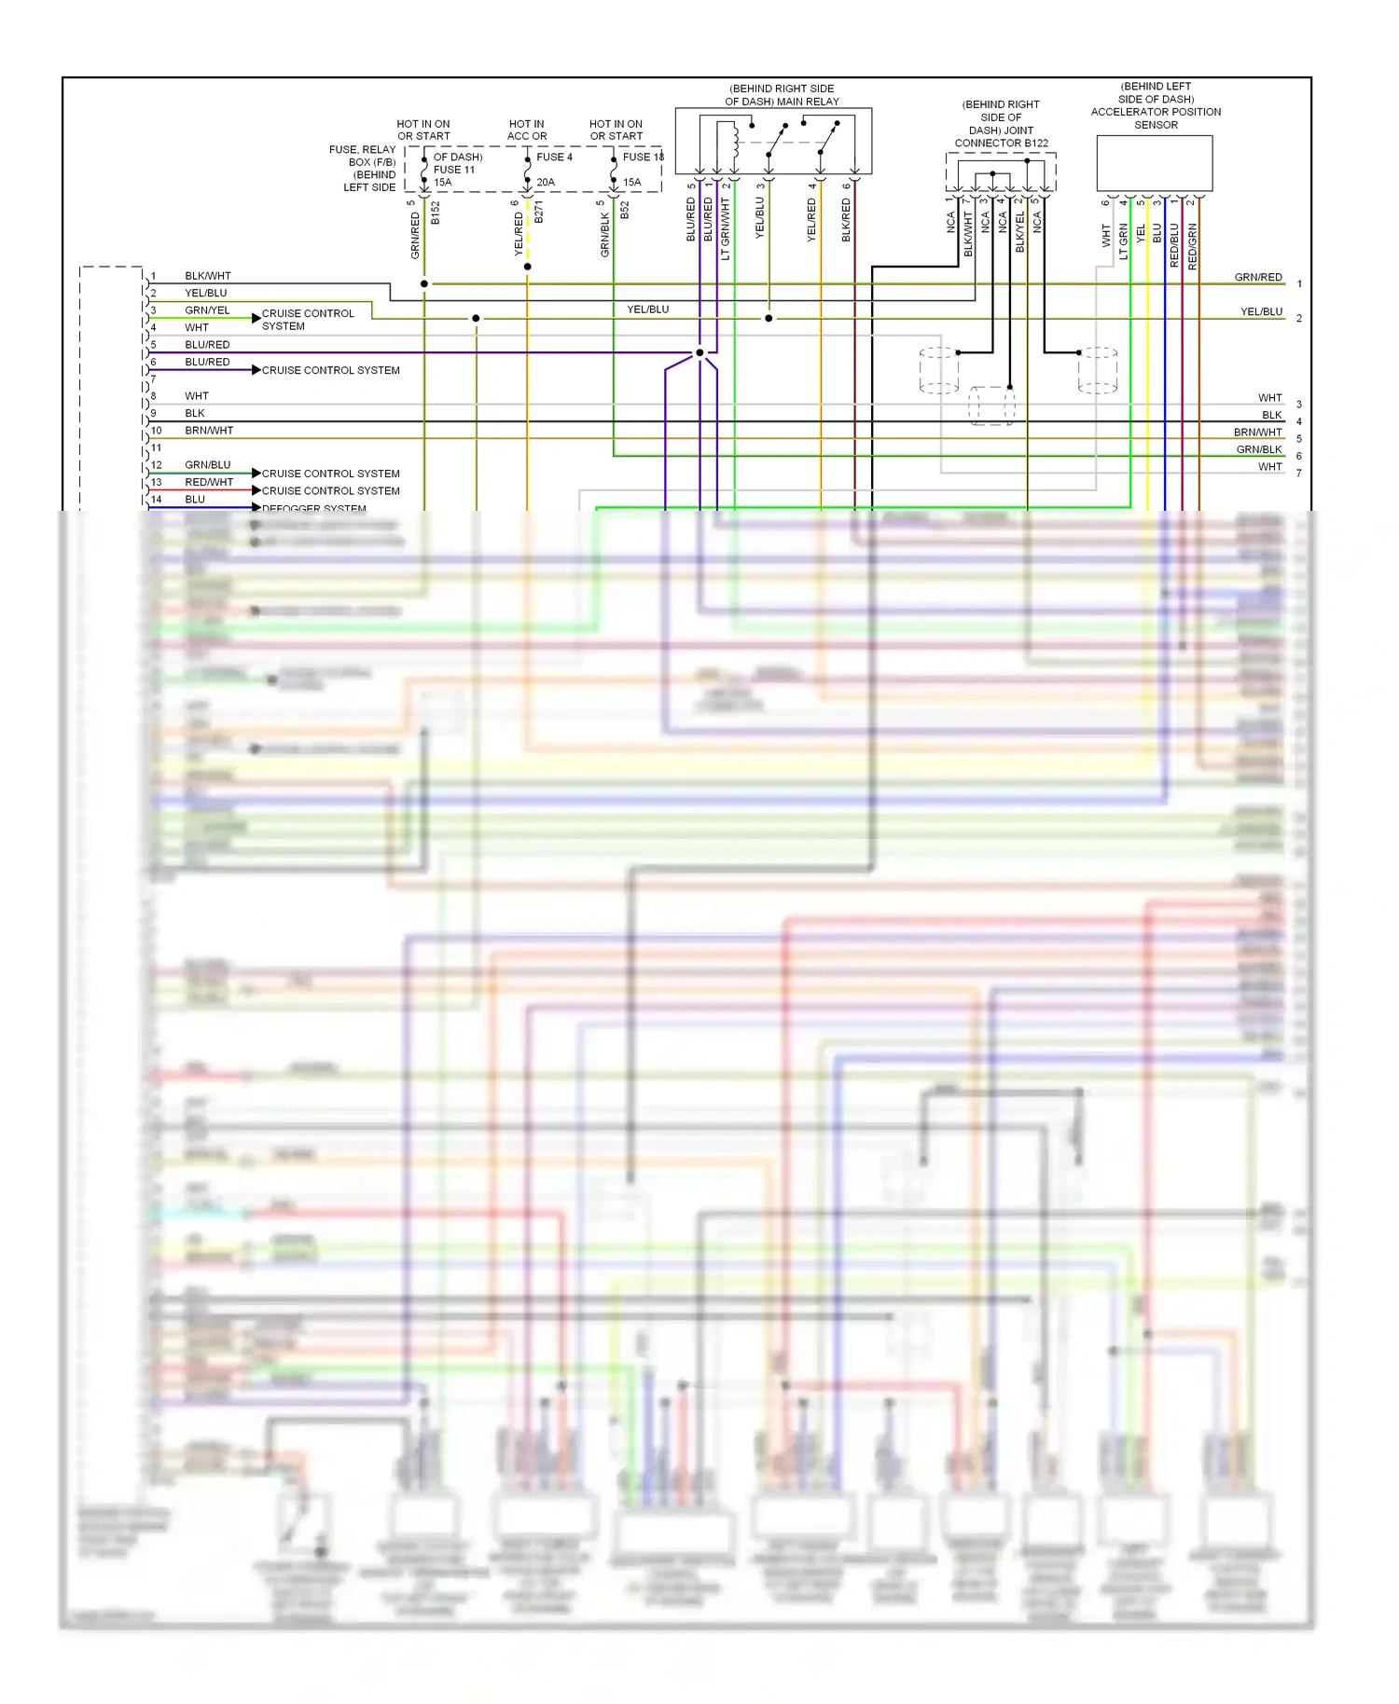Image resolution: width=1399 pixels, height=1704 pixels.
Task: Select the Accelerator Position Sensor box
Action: click(x=1155, y=164)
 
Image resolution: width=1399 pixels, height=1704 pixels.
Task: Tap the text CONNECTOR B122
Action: click(x=1001, y=144)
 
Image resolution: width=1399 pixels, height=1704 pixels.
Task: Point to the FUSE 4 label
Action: click(x=555, y=158)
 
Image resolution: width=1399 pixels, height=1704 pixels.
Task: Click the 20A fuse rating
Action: click(x=546, y=183)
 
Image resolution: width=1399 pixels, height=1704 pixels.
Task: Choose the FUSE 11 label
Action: click(x=454, y=170)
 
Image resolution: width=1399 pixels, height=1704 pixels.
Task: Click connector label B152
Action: click(x=436, y=213)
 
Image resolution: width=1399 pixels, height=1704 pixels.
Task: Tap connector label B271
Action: click(x=539, y=213)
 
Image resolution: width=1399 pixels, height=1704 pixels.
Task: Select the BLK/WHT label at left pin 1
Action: click(x=207, y=276)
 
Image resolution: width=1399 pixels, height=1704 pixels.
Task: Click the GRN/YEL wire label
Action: click(x=207, y=310)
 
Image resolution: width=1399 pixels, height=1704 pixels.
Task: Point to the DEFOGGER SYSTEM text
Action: click(x=314, y=508)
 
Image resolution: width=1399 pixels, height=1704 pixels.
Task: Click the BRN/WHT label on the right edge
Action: click(x=1257, y=433)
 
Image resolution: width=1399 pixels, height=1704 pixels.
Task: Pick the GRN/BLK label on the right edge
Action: click(x=1259, y=449)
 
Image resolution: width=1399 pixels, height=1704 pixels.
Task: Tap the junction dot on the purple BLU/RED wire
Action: click(x=699, y=352)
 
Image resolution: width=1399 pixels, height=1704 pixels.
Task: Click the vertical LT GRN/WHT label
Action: click(x=726, y=229)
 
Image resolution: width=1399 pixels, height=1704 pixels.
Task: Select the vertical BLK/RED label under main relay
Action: click(x=847, y=220)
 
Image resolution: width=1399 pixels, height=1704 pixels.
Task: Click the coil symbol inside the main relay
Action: click(x=736, y=142)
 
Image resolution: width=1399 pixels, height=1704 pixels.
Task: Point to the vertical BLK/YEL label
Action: click(x=1020, y=231)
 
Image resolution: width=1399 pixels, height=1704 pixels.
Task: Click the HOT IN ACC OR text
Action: click(x=527, y=131)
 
